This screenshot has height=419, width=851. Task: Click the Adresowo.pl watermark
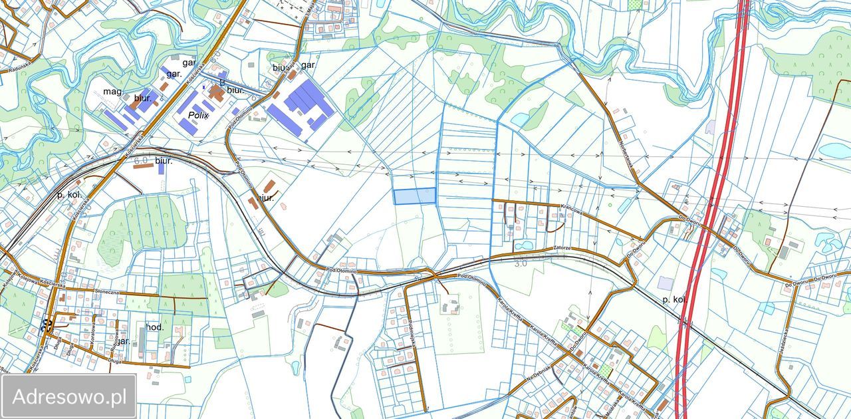[69, 397]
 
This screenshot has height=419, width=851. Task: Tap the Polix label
[198, 115]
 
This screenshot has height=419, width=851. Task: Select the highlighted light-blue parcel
[414, 196]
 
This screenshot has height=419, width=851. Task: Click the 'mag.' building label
[114, 91]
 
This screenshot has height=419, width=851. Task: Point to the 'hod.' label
[155, 327]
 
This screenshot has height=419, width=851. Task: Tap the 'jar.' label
[124, 341]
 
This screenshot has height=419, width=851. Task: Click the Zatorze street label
[562, 248]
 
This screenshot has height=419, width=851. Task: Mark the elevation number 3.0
[520, 263]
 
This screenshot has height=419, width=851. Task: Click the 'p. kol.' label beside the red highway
[673, 300]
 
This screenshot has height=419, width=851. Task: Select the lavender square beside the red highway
[665, 283]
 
